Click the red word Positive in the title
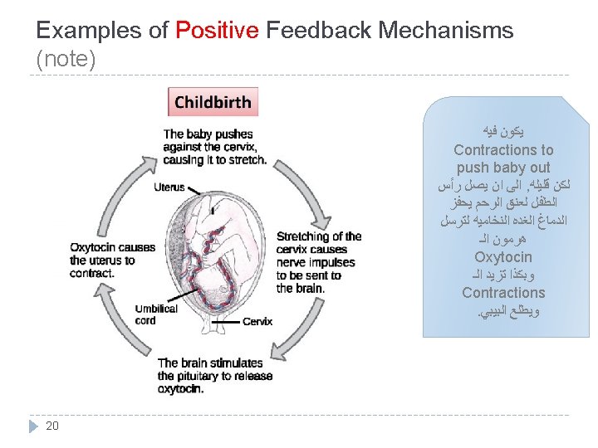tap(217, 32)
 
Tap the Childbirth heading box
tap(213, 103)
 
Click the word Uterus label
tap(169, 187)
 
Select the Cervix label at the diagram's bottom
tap(257, 322)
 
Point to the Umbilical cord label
tap(155, 314)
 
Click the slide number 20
tap(52, 426)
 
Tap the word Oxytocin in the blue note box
tap(503, 257)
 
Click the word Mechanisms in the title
tap(445, 32)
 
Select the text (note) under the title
tap(66, 60)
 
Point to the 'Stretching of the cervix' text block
tap(318, 262)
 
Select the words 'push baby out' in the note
tap(503, 168)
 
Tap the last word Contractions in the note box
tap(503, 293)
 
